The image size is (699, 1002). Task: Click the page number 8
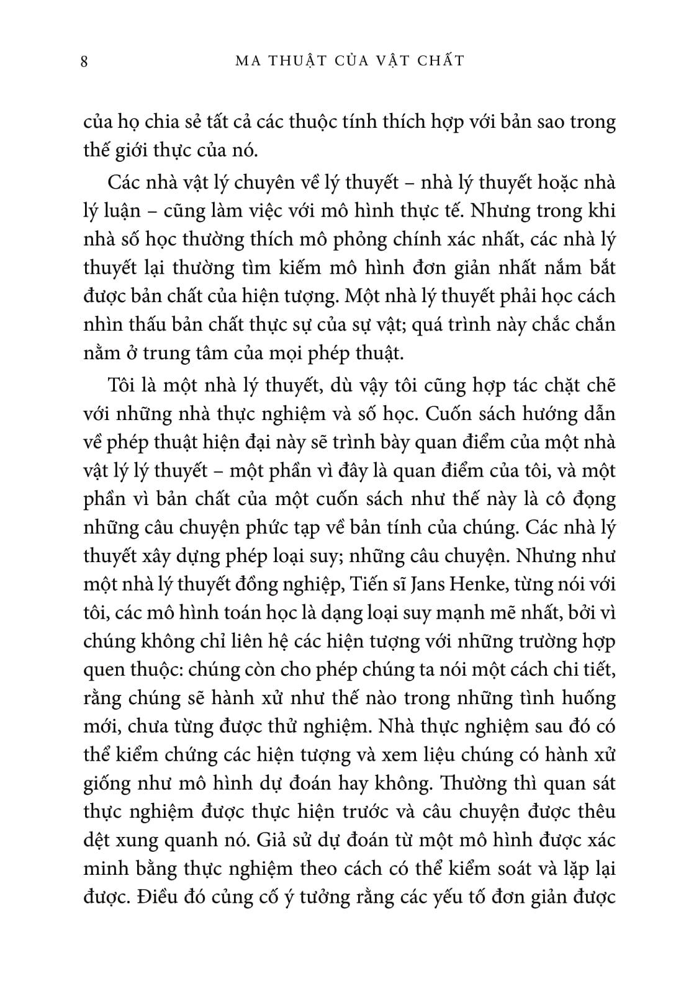pos(84,61)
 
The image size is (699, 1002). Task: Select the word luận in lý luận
pos(126,212)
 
